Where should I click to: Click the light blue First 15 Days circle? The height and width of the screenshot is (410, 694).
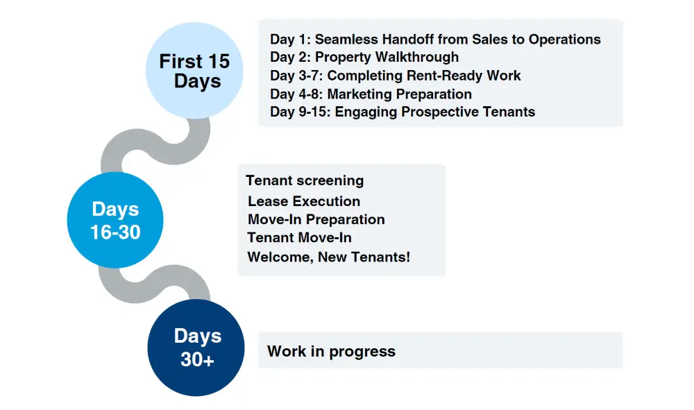194,71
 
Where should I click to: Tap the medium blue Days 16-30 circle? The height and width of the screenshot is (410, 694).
115,220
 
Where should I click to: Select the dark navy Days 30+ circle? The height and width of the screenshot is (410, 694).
196,348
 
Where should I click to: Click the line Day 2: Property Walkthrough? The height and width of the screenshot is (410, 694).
364,58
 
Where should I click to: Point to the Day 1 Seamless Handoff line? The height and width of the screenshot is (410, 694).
435,40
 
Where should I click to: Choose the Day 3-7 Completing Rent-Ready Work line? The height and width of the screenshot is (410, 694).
396,76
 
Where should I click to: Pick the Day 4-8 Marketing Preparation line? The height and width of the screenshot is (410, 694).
371,94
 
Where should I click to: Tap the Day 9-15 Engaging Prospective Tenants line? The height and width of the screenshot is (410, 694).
403,112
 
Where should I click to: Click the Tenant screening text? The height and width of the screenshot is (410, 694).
305,180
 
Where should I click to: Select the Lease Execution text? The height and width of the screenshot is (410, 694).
304,201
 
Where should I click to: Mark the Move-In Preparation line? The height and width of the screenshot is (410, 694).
316,219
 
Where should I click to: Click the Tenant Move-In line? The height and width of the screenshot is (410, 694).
299,237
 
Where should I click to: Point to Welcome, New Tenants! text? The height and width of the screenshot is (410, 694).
328,257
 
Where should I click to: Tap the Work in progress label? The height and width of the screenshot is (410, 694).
331,351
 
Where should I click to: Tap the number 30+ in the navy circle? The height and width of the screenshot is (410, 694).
197,359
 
